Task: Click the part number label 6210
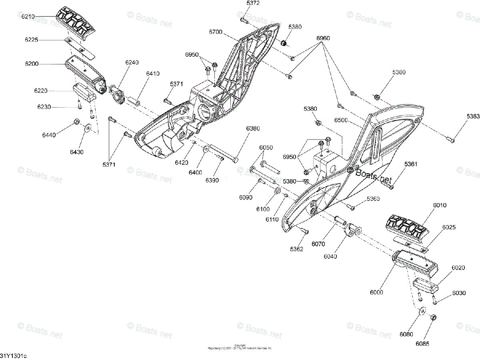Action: (28, 16)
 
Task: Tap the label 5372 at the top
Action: (253, 3)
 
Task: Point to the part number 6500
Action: (341, 120)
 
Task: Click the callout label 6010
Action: (440, 206)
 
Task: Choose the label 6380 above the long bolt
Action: (253, 128)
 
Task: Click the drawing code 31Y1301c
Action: (14, 356)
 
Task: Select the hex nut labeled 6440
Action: (76, 122)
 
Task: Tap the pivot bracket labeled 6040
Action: (353, 231)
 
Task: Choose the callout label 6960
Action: (323, 38)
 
